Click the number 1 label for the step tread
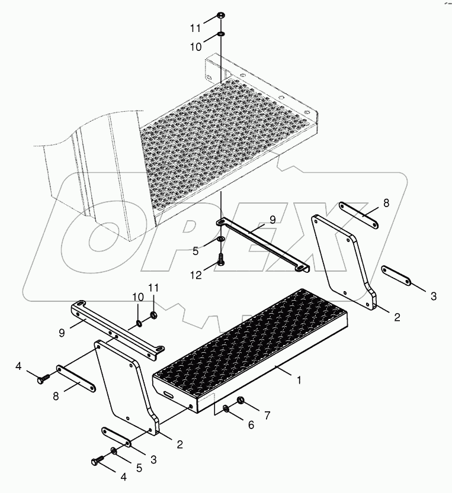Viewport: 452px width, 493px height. pyautogui.click(x=299, y=381)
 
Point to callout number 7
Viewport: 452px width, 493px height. pyautogui.click(x=267, y=415)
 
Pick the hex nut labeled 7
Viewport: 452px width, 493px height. pyautogui.click(x=242, y=402)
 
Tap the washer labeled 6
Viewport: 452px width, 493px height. pyautogui.click(x=227, y=408)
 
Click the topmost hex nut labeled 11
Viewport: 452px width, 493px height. pyautogui.click(x=220, y=15)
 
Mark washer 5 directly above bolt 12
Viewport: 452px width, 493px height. pyautogui.click(x=220, y=239)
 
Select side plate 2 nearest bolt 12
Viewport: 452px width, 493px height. pyautogui.click(x=344, y=260)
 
